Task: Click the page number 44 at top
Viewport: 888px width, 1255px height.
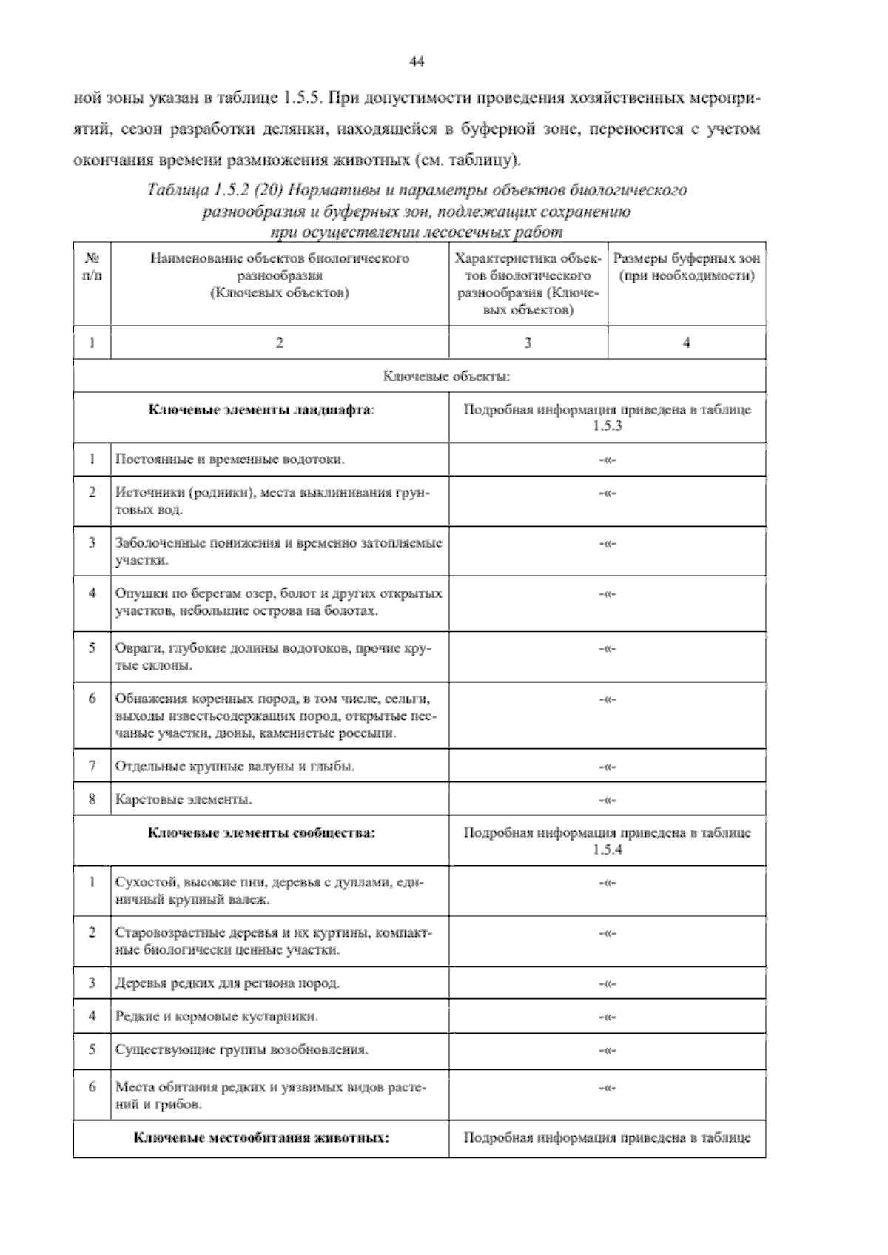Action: point(416,62)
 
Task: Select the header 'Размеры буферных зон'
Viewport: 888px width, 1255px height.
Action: point(686,259)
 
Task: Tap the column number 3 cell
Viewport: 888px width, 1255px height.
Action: point(528,343)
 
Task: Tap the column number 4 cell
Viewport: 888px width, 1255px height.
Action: point(686,343)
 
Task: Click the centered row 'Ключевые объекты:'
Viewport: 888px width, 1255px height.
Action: point(446,377)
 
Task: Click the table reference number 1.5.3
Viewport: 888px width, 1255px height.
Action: point(607,427)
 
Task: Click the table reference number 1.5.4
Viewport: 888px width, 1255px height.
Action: point(607,850)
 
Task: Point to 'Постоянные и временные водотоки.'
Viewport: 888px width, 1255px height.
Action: point(230,459)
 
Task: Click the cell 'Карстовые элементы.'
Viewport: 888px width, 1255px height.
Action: point(184,799)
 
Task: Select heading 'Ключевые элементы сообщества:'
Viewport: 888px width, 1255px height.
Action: point(261,832)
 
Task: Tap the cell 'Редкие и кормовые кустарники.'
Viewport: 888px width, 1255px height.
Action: point(217,1016)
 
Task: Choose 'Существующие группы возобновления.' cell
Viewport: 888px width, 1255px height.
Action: point(242,1049)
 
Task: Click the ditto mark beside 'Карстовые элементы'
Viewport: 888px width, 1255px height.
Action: point(607,800)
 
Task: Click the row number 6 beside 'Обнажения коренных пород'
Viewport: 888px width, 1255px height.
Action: point(92,698)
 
